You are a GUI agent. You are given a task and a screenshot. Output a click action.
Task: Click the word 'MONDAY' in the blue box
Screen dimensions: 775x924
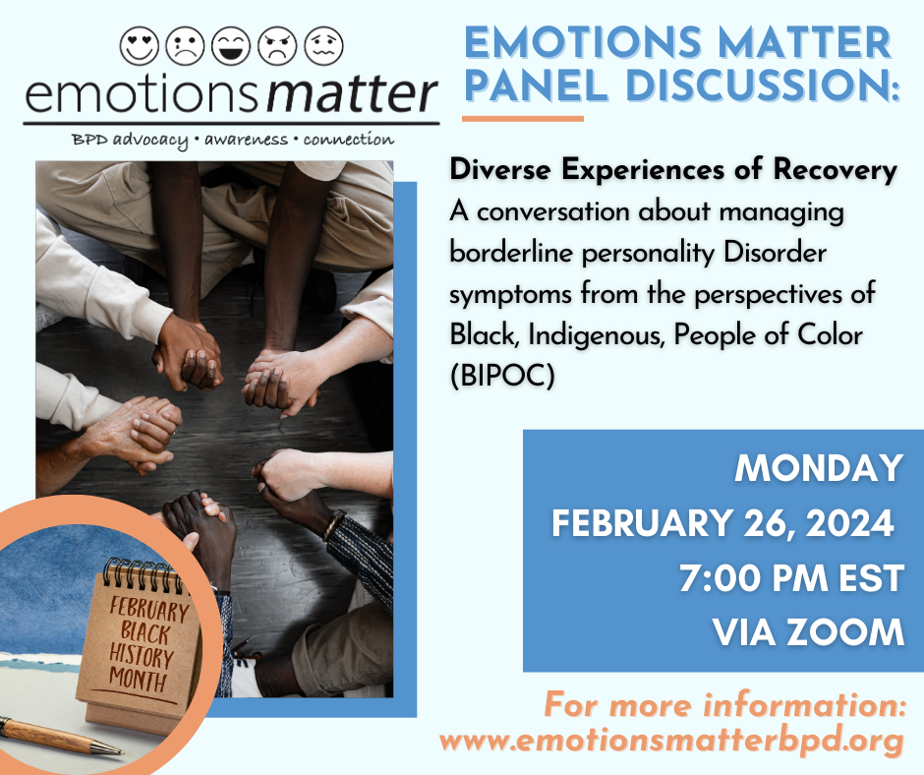[x=819, y=468]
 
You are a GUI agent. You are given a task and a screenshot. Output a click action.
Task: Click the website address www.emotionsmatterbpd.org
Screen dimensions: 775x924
[x=670, y=740]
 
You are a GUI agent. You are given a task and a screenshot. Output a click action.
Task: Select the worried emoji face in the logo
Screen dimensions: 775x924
[x=322, y=44]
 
